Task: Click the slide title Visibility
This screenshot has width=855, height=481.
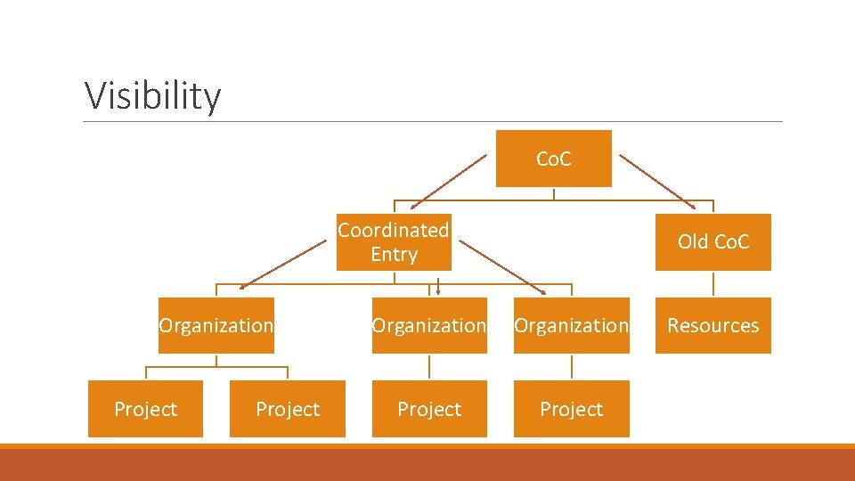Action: [152, 95]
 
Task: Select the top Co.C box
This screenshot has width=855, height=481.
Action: [553, 159]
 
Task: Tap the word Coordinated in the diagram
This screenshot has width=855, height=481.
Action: [393, 230]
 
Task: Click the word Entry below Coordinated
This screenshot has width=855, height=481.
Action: [394, 255]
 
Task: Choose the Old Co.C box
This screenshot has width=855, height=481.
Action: [712, 241]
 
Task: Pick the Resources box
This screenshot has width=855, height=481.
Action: [712, 325]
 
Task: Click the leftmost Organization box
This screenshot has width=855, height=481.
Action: [216, 325]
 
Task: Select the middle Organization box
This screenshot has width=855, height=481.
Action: [429, 325]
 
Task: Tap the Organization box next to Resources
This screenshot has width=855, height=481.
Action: [571, 325]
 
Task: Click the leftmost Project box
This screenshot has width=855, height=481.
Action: [145, 409]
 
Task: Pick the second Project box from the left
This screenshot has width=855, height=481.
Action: [287, 409]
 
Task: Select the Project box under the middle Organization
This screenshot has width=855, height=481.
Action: [429, 409]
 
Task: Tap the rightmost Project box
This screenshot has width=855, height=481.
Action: [571, 409]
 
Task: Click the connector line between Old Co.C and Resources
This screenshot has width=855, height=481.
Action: [713, 283]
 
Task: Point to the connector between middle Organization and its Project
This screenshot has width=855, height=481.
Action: [429, 367]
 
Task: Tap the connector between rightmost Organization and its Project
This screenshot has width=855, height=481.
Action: [572, 367]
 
